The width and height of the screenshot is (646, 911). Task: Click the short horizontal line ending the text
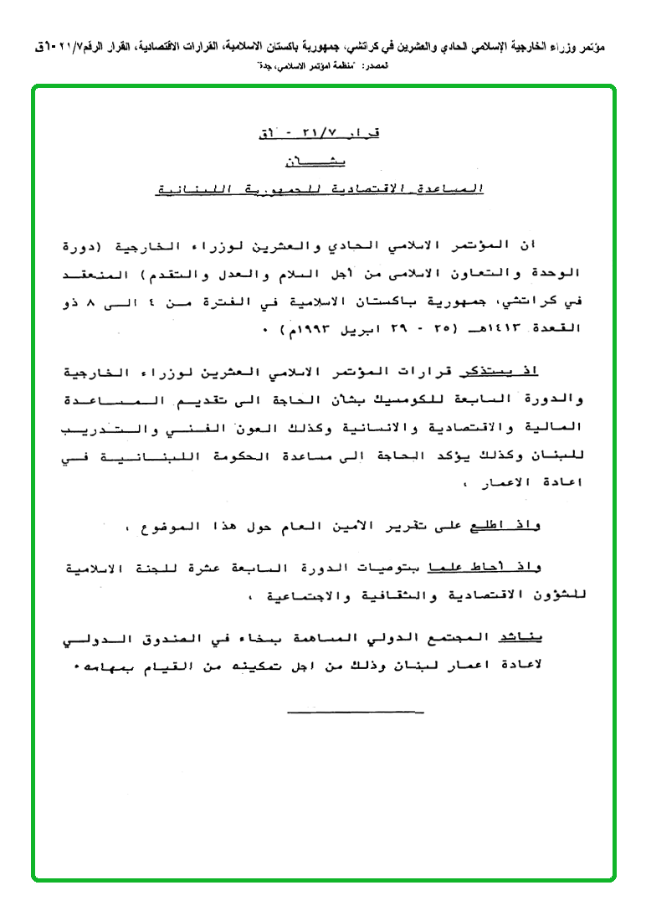point(355,713)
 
